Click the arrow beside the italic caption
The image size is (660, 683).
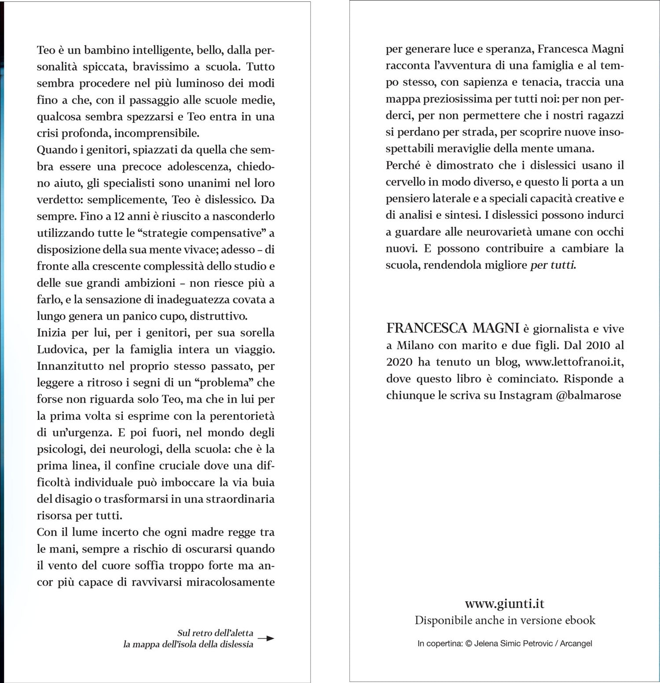click(266, 638)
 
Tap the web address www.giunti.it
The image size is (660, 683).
click(505, 604)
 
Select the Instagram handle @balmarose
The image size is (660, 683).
click(589, 395)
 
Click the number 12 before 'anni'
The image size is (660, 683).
click(115, 216)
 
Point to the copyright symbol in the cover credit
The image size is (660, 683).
click(468, 643)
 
